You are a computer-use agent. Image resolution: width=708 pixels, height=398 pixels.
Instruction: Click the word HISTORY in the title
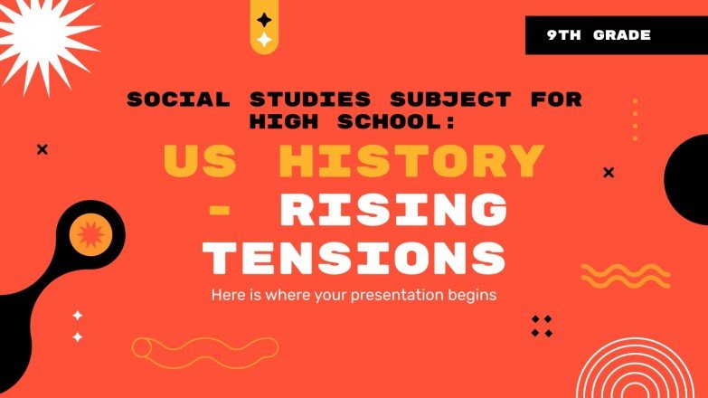tap(411, 162)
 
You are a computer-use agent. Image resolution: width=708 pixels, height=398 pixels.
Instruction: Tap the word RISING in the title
tap(392, 211)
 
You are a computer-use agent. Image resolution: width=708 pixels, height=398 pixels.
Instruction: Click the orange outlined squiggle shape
tap(205, 348)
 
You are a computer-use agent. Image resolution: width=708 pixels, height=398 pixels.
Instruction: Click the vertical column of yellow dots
tap(635, 119)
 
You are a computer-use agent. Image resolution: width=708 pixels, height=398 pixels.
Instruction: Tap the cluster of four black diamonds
tap(541, 327)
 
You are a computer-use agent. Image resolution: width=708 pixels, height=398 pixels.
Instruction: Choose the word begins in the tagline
tap(476, 295)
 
